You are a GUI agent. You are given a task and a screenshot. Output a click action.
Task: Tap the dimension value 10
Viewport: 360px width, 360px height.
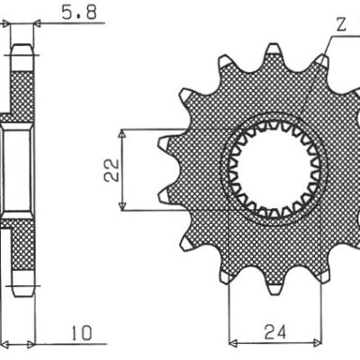(x=83, y=333)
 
